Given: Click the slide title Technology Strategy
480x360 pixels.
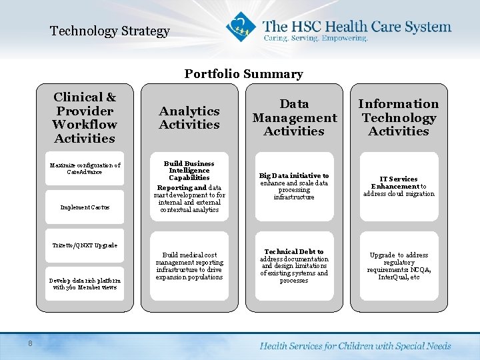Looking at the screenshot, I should (x=110, y=31).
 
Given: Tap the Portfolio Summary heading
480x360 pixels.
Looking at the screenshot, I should (x=243, y=74).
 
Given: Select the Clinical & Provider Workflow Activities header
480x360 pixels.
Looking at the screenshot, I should (x=85, y=118).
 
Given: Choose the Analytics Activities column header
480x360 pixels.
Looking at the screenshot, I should (x=189, y=118).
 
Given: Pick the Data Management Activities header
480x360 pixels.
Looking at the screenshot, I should (x=294, y=118).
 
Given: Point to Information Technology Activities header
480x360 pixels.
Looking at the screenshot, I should (x=399, y=118).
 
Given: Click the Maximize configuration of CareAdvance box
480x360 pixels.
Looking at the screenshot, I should (x=85, y=169).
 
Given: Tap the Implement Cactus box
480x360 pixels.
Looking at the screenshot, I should (x=85, y=207).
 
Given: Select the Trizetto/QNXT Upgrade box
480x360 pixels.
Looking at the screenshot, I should (x=85, y=245).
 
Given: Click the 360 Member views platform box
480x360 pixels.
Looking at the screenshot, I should (x=85, y=283).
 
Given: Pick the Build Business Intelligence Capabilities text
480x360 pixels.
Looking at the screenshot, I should (x=189, y=171).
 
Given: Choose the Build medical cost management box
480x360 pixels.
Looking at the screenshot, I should (x=189, y=266).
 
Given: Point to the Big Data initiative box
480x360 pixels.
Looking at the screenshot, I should (x=294, y=187).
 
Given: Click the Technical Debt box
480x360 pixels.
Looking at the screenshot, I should (x=294, y=266).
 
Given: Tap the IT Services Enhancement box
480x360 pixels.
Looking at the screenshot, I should (x=399, y=187).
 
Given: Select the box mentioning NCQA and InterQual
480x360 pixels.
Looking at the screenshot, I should (x=399, y=266).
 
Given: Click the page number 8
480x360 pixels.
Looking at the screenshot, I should (x=31, y=343).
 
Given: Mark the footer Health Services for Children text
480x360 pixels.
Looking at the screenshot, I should (x=355, y=346).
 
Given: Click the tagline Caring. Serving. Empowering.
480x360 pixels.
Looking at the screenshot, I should (x=315, y=39).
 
